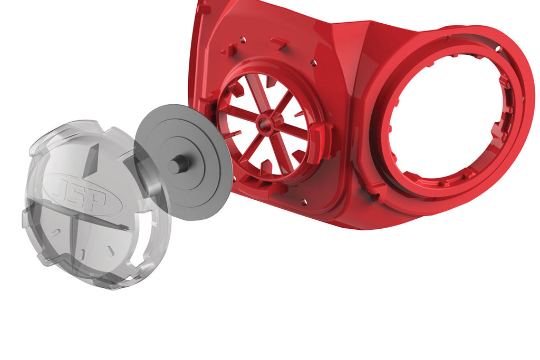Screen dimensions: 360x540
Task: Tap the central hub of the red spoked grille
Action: (x=263, y=125)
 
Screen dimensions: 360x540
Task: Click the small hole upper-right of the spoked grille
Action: (x=314, y=63)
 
